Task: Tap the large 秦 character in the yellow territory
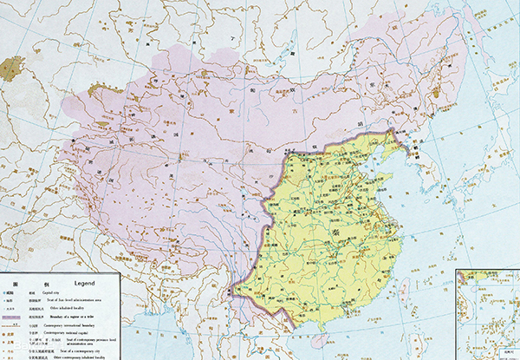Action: coord(334,232)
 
